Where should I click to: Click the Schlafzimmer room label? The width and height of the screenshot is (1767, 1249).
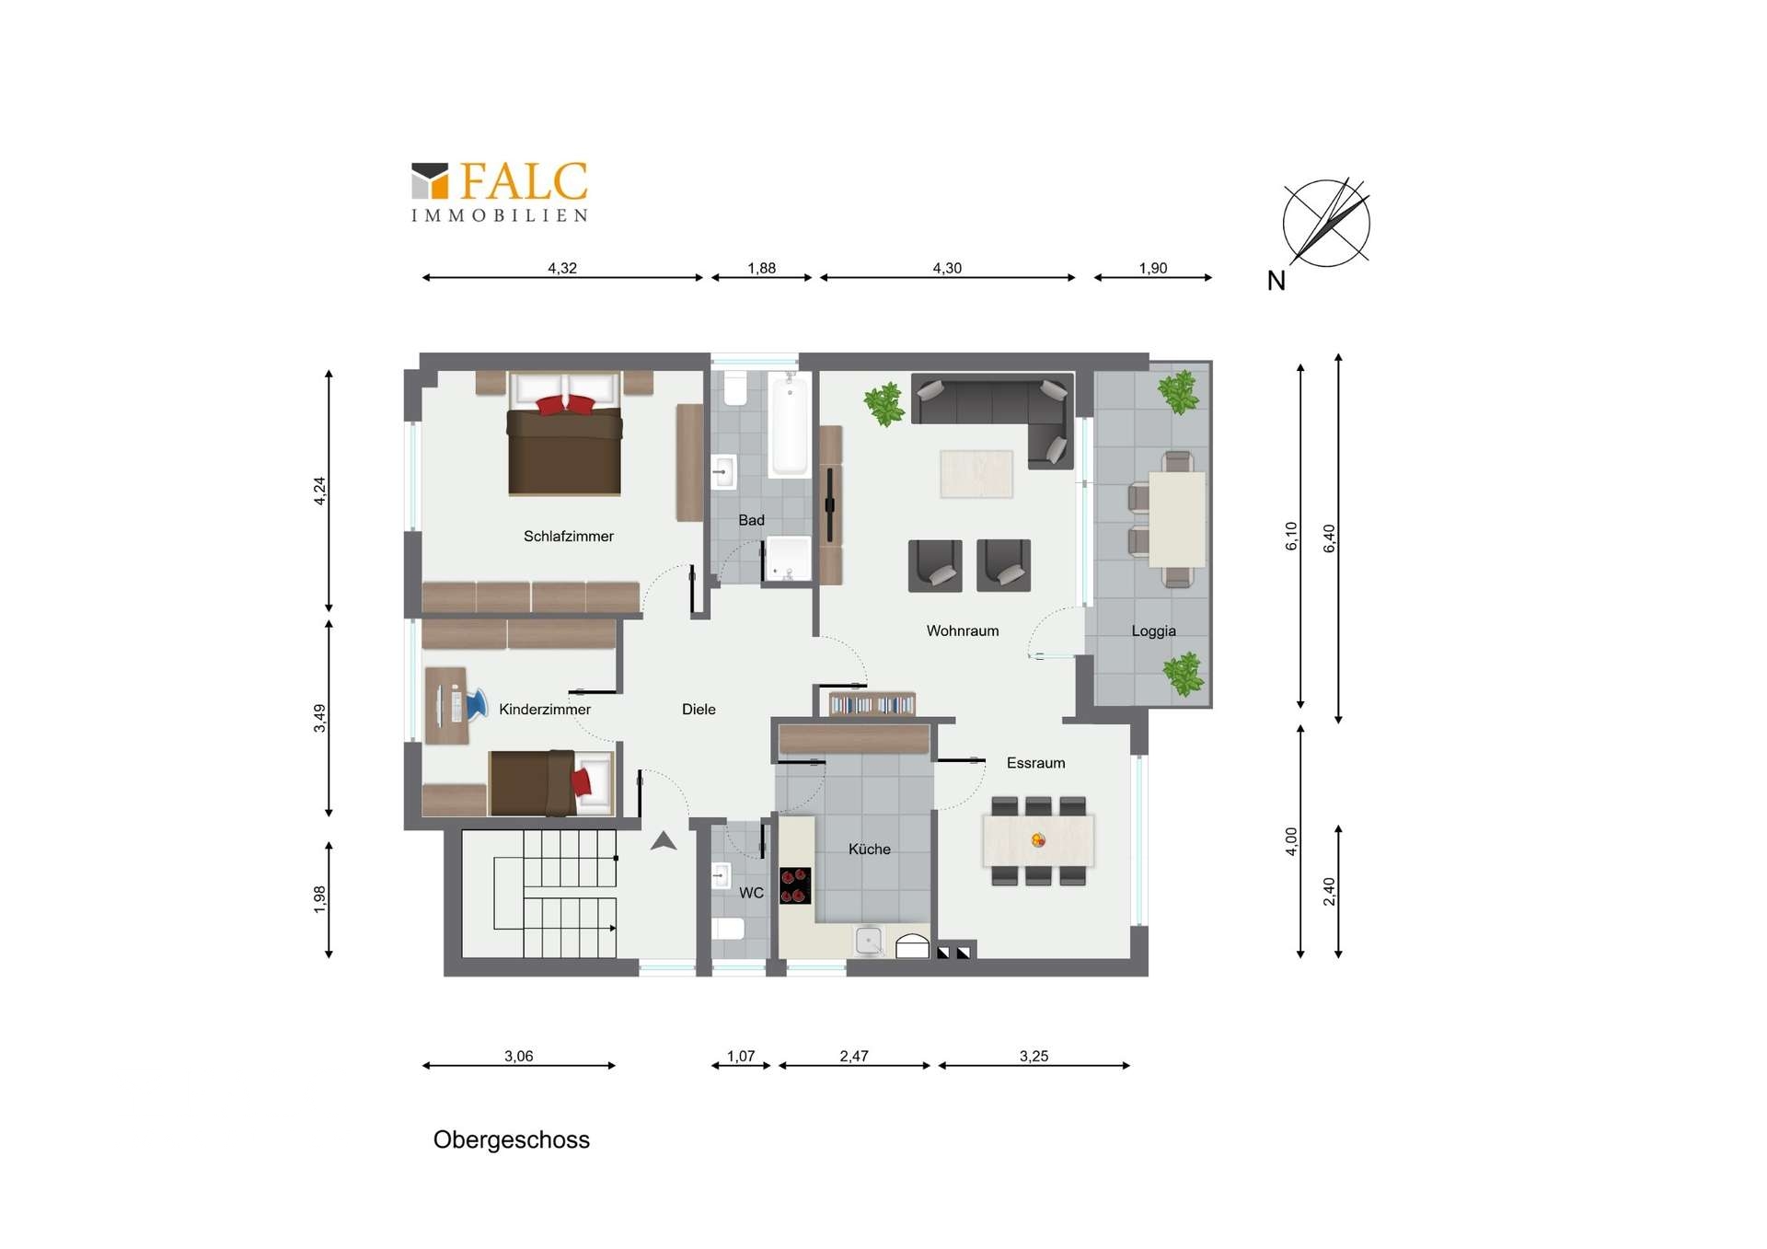click(568, 537)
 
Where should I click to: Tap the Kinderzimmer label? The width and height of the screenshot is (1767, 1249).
click(545, 710)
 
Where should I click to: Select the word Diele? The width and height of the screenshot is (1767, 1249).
click(699, 710)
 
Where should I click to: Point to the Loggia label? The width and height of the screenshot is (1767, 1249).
click(1153, 631)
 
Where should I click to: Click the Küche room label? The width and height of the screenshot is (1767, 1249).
click(869, 850)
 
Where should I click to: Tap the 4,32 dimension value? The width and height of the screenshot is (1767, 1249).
click(562, 269)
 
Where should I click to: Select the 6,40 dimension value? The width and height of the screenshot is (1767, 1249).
click(1329, 538)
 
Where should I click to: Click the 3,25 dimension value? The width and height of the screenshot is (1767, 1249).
click(1034, 1057)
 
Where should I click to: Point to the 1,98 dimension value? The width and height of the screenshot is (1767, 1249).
click(319, 899)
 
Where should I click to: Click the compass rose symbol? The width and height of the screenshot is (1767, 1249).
click(1326, 223)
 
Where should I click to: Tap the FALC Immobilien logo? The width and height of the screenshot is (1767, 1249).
click(499, 191)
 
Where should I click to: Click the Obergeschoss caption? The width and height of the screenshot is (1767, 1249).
click(511, 1140)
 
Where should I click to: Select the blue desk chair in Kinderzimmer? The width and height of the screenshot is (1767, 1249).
click(476, 704)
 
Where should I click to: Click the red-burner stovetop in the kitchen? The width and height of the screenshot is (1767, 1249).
click(795, 885)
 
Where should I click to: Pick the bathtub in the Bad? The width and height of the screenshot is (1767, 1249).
click(789, 424)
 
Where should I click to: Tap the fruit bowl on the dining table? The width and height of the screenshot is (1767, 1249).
click(1038, 840)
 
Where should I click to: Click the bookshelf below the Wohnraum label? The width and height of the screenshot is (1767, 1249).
click(872, 704)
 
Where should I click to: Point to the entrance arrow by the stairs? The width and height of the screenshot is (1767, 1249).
click(664, 840)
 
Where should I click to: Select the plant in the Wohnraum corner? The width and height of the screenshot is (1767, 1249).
click(884, 405)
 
